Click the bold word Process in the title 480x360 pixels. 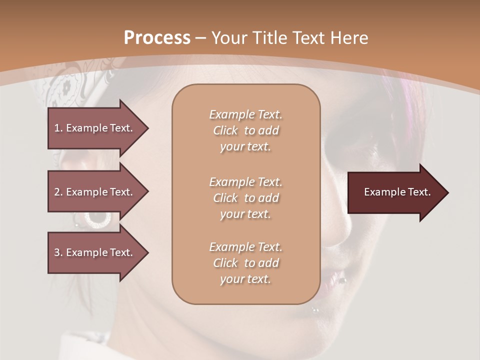pyautogui.click(x=157, y=38)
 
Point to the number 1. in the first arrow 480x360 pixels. pyautogui.click(x=58, y=128)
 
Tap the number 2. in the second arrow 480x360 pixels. pyautogui.click(x=58, y=192)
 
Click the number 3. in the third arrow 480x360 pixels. pyautogui.click(x=58, y=252)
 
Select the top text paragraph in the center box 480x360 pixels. pyautogui.click(x=245, y=130)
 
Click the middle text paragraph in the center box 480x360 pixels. pyautogui.click(x=245, y=198)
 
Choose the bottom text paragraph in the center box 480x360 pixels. pyautogui.click(x=245, y=263)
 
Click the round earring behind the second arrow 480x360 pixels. pyautogui.click(x=98, y=218)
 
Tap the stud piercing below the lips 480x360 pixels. pyautogui.click(x=315, y=310)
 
